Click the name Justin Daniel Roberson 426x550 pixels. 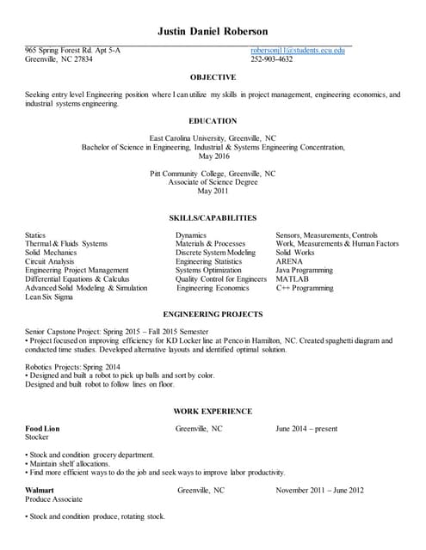pos(213,31)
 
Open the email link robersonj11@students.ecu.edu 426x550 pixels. pos(298,51)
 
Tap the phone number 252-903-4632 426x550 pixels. pos(272,59)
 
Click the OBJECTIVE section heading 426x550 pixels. pos(213,77)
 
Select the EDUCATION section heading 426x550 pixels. pos(213,121)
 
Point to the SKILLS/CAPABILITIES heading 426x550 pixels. pos(213,218)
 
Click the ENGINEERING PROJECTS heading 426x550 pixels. pos(213,315)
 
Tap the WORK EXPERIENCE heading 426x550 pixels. pos(213,412)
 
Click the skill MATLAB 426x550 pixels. pos(293,279)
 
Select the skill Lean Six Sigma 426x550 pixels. pos(49,297)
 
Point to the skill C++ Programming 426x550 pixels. pos(305,289)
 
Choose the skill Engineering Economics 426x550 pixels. pos(213,289)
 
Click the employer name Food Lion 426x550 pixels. pos(44,428)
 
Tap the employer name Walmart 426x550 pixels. pos(40,490)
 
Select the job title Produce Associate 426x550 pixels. pos(54,499)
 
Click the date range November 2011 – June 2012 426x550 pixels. pos(319,490)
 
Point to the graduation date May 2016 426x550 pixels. pos(213,156)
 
